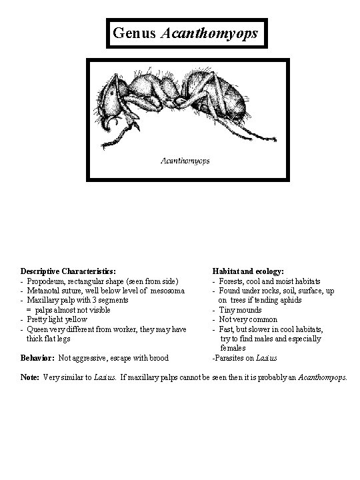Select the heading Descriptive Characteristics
click(x=68, y=272)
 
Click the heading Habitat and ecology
click(x=248, y=272)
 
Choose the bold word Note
click(x=31, y=377)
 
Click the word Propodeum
click(x=46, y=281)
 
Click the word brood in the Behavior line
click(x=157, y=357)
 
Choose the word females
click(x=233, y=348)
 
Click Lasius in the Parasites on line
click(x=266, y=358)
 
